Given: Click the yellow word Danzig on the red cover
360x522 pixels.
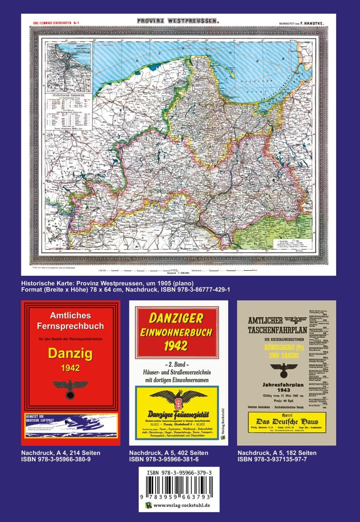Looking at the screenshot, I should [70, 353].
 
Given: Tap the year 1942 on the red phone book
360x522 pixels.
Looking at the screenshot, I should [70, 368].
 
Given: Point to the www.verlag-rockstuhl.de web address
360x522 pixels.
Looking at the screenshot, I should [182, 505].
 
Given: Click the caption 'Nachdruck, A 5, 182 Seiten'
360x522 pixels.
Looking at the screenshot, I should [277, 453].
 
